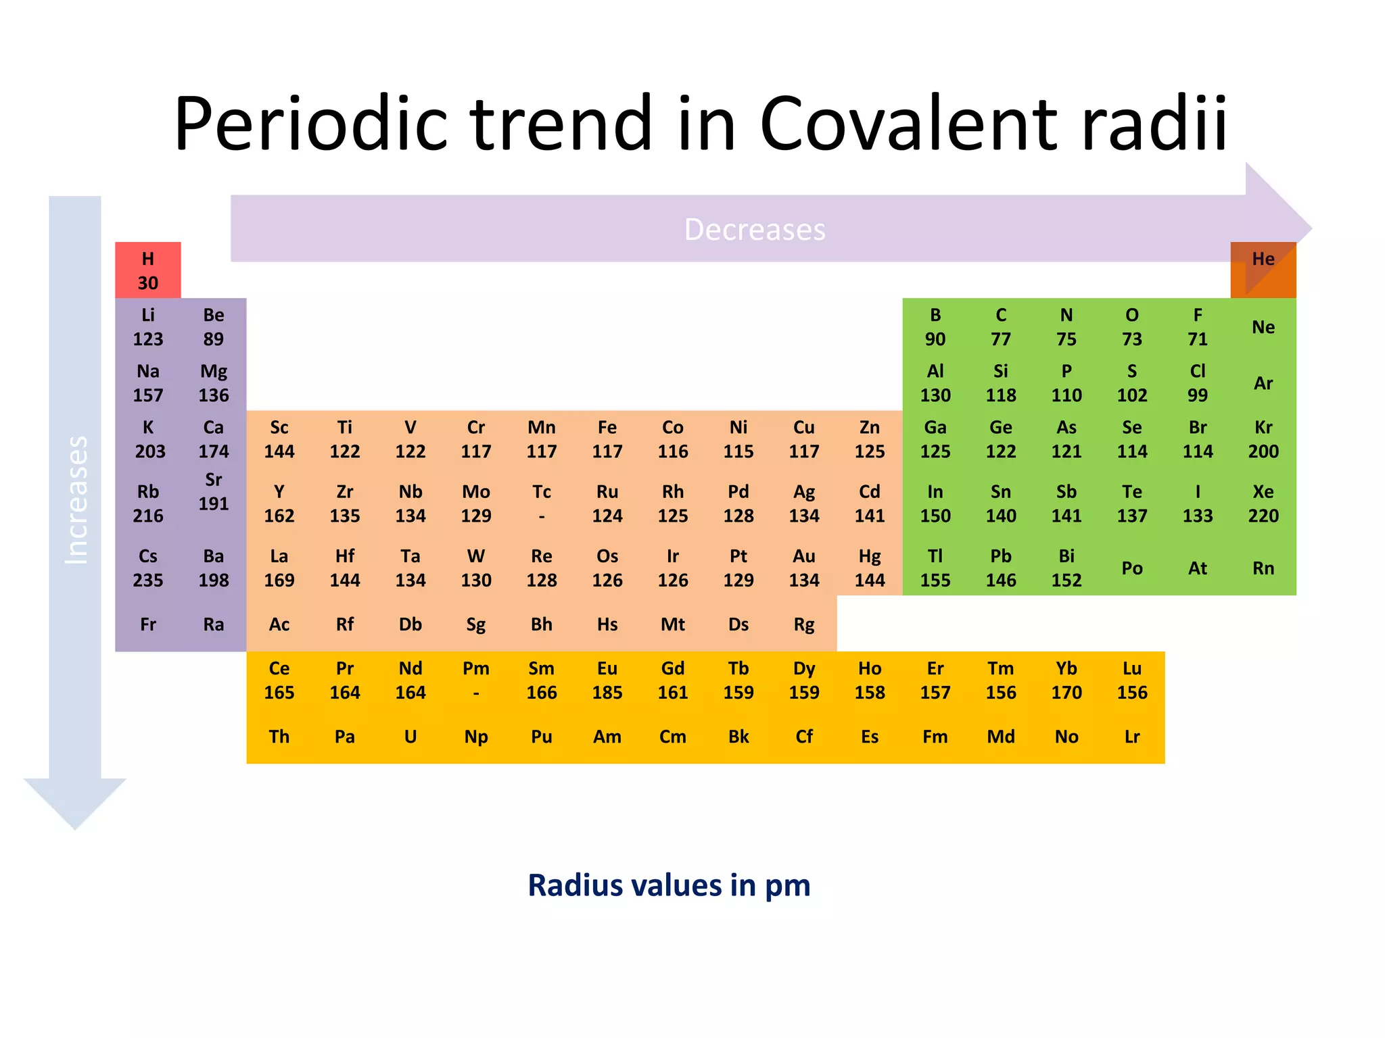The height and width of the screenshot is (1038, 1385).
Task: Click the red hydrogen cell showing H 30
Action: point(147,270)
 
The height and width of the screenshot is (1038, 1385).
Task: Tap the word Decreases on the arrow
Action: point(754,230)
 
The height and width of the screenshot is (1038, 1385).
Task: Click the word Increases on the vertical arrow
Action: point(76,500)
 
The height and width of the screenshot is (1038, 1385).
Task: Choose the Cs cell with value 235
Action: point(147,568)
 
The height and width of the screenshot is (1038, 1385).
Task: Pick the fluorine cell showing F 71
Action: point(1197,326)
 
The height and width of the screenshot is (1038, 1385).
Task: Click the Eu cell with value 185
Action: point(607,680)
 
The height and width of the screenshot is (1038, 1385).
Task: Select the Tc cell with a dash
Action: point(541,503)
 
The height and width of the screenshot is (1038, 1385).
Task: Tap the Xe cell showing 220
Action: point(1263,503)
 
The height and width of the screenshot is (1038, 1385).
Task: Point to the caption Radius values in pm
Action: point(668,885)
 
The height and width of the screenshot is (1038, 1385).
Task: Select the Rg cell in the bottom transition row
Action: point(803,624)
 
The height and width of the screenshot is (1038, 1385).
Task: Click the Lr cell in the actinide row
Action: point(1131,736)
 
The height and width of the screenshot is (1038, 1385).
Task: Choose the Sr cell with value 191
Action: point(213,491)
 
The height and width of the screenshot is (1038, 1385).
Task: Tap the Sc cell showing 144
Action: point(279,439)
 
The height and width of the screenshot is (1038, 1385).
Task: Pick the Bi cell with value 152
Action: point(1066,568)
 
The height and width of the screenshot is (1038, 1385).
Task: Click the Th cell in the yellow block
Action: point(279,736)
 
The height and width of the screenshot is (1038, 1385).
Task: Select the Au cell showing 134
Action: point(803,568)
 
